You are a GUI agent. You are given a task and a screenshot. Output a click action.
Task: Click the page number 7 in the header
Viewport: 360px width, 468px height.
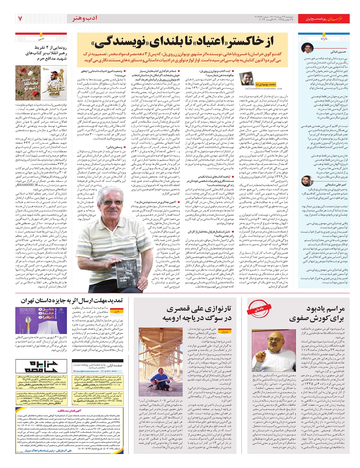tap(20, 19)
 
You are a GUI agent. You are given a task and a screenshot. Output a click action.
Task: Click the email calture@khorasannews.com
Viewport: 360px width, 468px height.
tap(263, 89)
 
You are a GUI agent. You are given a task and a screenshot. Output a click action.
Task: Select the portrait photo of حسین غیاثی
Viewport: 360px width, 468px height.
tap(307, 48)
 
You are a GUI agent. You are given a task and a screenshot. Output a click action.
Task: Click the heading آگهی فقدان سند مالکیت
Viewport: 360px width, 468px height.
tap(70, 409)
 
